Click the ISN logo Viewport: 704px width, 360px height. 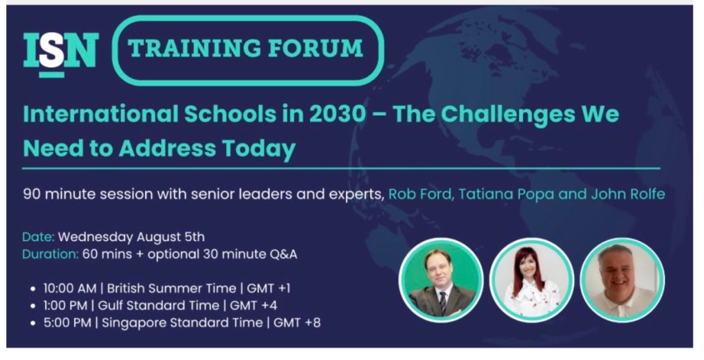point(61,54)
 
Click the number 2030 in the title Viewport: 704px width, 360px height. point(338,114)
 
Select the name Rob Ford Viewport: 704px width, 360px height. point(420,194)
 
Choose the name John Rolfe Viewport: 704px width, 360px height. point(628,194)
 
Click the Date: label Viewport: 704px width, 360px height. point(38,236)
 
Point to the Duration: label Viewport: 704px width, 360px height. point(50,254)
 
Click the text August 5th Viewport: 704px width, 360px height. point(170,237)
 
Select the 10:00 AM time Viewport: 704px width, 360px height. point(63,288)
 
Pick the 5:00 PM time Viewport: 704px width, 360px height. point(67,323)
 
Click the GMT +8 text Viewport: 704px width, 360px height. point(297,323)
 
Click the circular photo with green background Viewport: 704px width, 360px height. point(441,280)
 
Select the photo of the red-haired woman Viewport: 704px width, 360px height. point(531,280)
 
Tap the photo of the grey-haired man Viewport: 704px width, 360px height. point(622,280)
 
